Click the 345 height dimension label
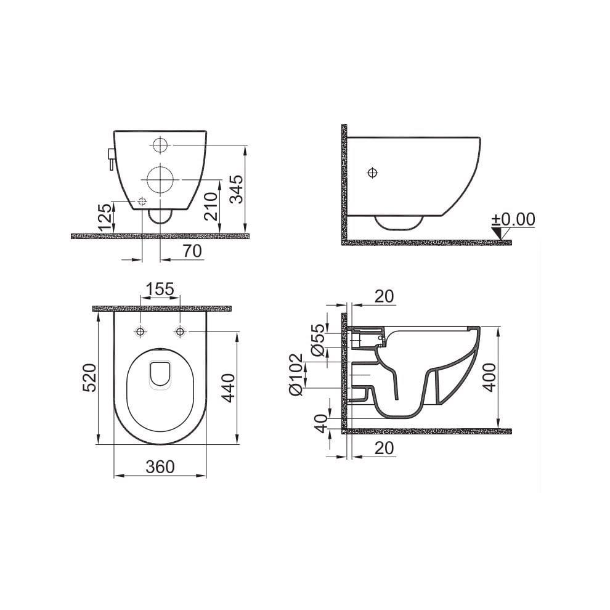click(x=237, y=189)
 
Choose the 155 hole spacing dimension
click(x=161, y=288)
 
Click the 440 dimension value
click(x=229, y=387)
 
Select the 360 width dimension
click(x=161, y=466)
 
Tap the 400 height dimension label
click(x=489, y=376)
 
